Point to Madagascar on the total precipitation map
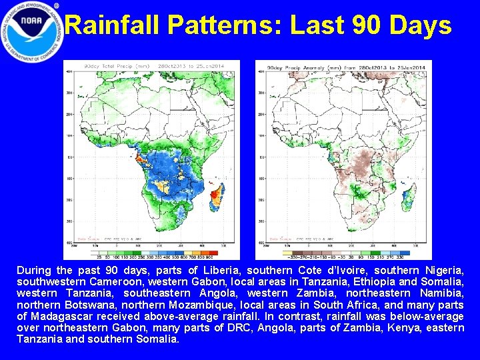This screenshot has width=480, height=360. click(217, 194)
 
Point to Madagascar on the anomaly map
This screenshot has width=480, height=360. click(409, 194)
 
